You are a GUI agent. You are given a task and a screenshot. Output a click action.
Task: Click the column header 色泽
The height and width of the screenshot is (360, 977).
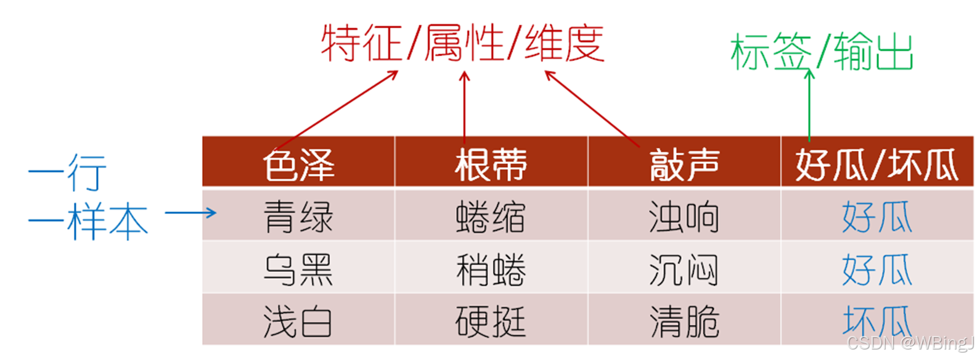pyautogui.click(x=298, y=165)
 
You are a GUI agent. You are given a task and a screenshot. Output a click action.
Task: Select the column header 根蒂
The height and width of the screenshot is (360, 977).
pyautogui.click(x=491, y=165)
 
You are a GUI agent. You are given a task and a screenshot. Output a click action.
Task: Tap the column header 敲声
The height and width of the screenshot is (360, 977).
pyautogui.click(x=684, y=165)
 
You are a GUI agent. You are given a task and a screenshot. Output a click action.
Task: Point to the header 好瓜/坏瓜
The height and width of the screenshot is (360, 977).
pyautogui.click(x=877, y=165)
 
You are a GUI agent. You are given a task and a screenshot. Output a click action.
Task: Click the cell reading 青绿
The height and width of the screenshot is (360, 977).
pyautogui.click(x=298, y=217)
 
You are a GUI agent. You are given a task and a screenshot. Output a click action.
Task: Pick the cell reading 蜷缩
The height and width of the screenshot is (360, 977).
pyautogui.click(x=491, y=217)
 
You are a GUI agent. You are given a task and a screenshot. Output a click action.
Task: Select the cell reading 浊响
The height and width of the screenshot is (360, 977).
pyautogui.click(x=684, y=217)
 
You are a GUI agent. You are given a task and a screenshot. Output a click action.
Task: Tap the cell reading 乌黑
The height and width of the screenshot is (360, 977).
pyautogui.click(x=298, y=269)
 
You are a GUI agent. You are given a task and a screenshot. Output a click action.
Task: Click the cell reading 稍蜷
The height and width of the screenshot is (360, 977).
pyautogui.click(x=491, y=269)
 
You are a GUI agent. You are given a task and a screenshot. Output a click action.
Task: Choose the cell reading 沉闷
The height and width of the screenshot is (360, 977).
pyautogui.click(x=684, y=269)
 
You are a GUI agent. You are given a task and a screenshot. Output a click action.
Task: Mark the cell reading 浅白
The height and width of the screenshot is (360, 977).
pyautogui.click(x=298, y=321)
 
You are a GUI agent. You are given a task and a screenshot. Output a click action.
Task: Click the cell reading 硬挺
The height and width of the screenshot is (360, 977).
pyautogui.click(x=491, y=321)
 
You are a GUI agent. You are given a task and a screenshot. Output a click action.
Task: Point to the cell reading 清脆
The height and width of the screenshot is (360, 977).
pyautogui.click(x=684, y=321)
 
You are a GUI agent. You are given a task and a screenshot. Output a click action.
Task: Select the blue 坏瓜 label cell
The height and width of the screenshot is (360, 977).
pyautogui.click(x=877, y=320)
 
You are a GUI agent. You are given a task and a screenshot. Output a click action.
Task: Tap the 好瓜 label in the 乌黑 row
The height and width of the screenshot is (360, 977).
pyautogui.click(x=877, y=269)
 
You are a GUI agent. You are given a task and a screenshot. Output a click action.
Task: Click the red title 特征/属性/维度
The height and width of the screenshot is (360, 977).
pyautogui.click(x=462, y=43)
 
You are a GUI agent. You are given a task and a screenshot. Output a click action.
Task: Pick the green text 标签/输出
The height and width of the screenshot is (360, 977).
pyautogui.click(x=821, y=52)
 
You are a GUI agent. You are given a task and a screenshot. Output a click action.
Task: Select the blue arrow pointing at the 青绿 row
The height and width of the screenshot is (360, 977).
pyautogui.click(x=190, y=213)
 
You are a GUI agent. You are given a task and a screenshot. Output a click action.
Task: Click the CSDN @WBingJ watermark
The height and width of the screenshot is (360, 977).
pyautogui.click(x=909, y=343)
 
